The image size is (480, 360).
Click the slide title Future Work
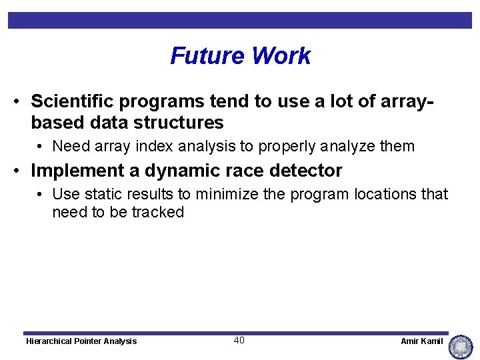(x=240, y=56)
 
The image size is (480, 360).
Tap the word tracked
(x=157, y=212)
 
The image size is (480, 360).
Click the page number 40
(x=239, y=341)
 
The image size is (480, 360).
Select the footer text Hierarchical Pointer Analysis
(x=81, y=341)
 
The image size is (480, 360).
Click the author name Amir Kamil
(x=421, y=341)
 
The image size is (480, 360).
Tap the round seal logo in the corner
(x=460, y=347)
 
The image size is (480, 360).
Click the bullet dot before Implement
(x=20, y=171)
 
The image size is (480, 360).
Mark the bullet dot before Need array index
(x=41, y=147)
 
